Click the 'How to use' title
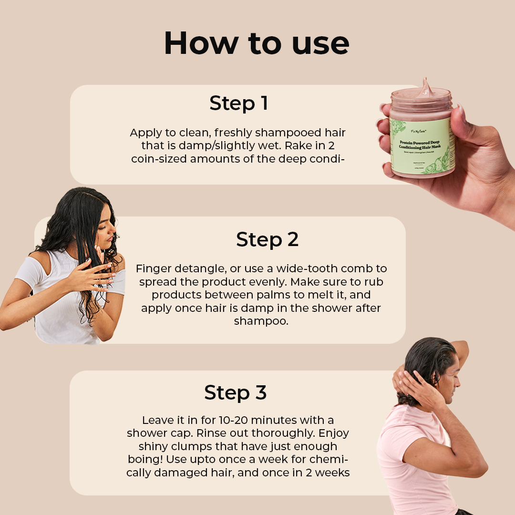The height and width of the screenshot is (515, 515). coord(257,43)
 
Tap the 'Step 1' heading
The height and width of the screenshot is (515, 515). coord(238,103)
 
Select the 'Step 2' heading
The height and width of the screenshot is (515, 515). coord(267,240)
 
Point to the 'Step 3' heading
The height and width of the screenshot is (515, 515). coord(236,392)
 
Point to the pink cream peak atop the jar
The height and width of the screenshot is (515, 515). coord(425,87)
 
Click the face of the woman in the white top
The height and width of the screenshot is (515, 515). coord(106,229)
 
